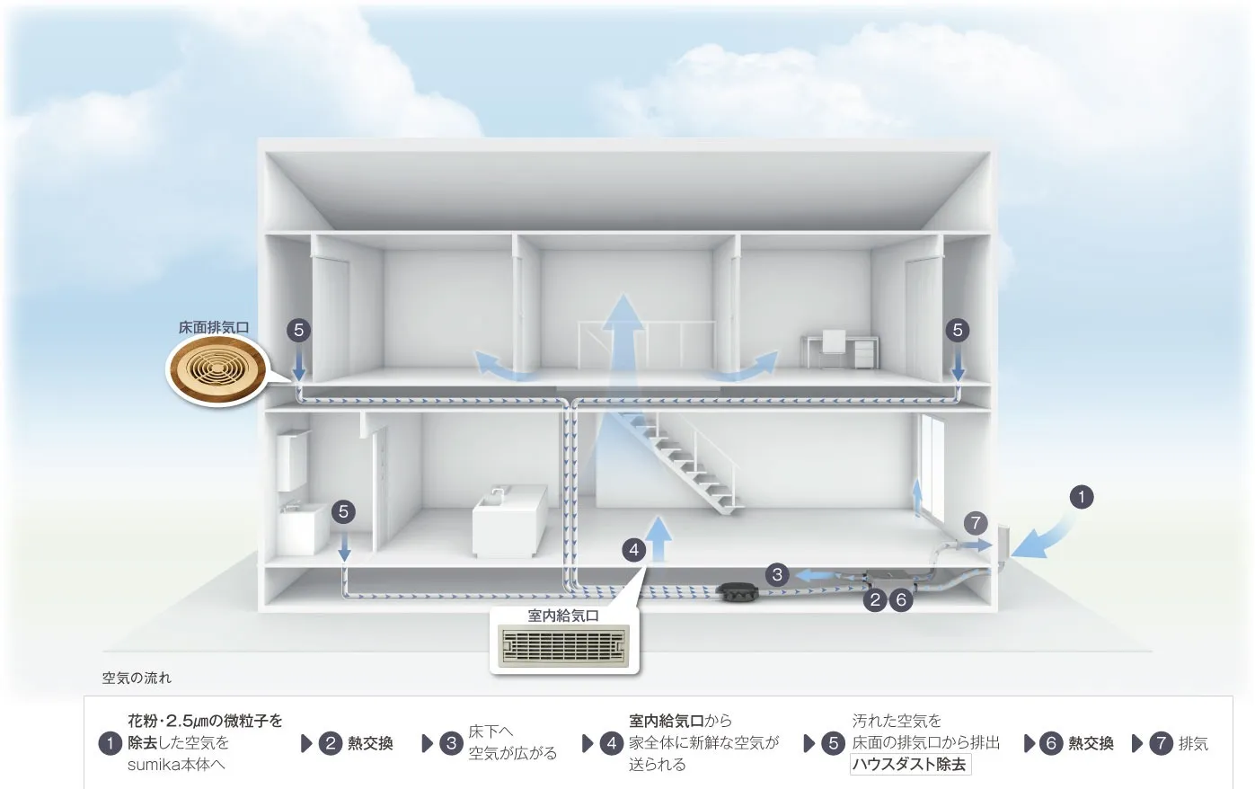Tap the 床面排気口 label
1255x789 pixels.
214,327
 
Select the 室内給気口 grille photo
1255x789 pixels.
564,646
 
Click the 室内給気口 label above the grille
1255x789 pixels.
563,616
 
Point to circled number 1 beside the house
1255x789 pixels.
1082,497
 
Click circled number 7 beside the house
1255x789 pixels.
976,523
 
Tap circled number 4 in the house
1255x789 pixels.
634,549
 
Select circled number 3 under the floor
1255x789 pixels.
778,574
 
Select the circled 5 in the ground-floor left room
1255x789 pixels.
343,512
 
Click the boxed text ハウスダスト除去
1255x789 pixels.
910,765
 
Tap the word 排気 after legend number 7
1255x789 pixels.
1193,743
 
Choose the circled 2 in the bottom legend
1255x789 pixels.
331,743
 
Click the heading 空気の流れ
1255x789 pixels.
137,678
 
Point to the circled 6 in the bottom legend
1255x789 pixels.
1050,743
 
